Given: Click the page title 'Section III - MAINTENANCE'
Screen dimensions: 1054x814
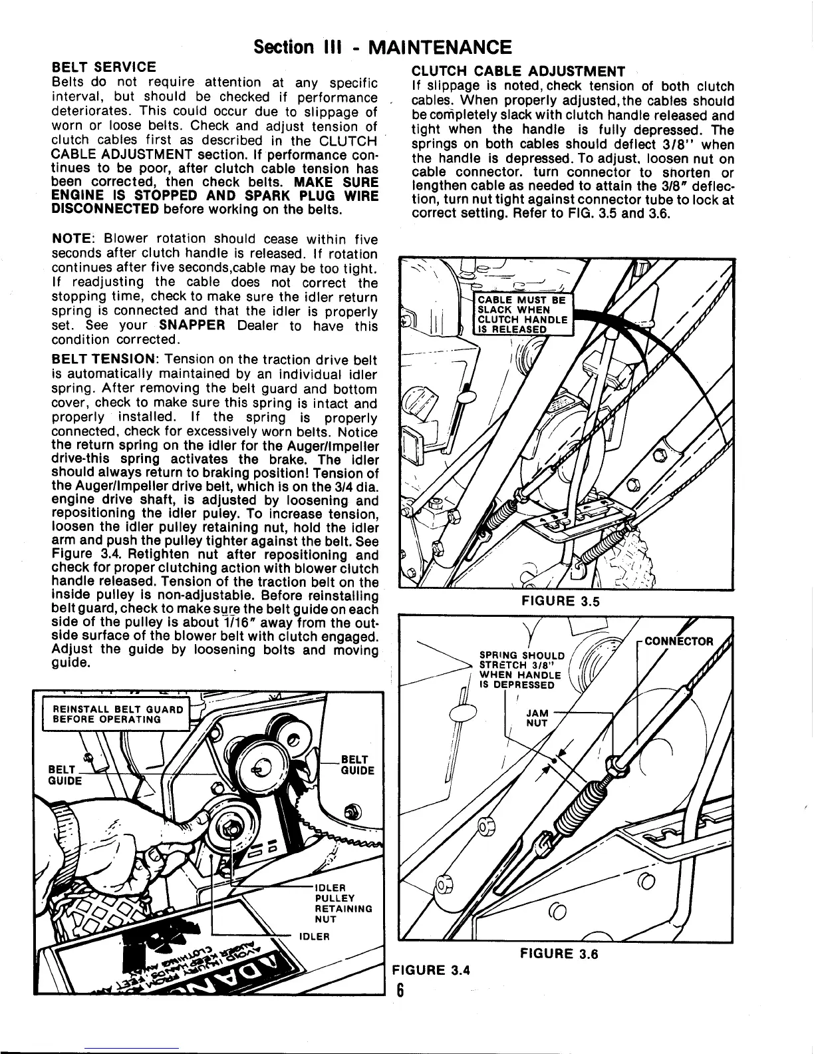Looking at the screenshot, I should pos(383,47).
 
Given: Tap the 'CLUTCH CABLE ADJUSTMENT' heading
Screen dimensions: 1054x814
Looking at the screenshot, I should pos(519,71).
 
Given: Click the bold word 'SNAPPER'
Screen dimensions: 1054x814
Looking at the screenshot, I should pos(191,326).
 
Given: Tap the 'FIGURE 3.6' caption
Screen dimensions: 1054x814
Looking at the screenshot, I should pos(559,954).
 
